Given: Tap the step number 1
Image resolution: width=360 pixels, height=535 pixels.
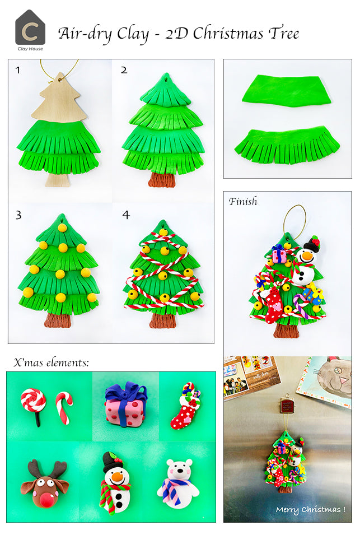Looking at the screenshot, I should [18, 71].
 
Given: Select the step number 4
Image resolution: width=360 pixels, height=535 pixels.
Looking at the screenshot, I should [125, 215].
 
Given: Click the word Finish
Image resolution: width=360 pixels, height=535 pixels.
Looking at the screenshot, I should [242, 202].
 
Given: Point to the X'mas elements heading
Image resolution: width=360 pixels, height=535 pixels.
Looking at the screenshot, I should [51, 362].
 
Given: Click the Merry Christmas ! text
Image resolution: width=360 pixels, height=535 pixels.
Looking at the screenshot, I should [310, 510].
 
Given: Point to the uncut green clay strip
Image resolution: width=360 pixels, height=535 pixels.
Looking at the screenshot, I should [288, 91].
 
